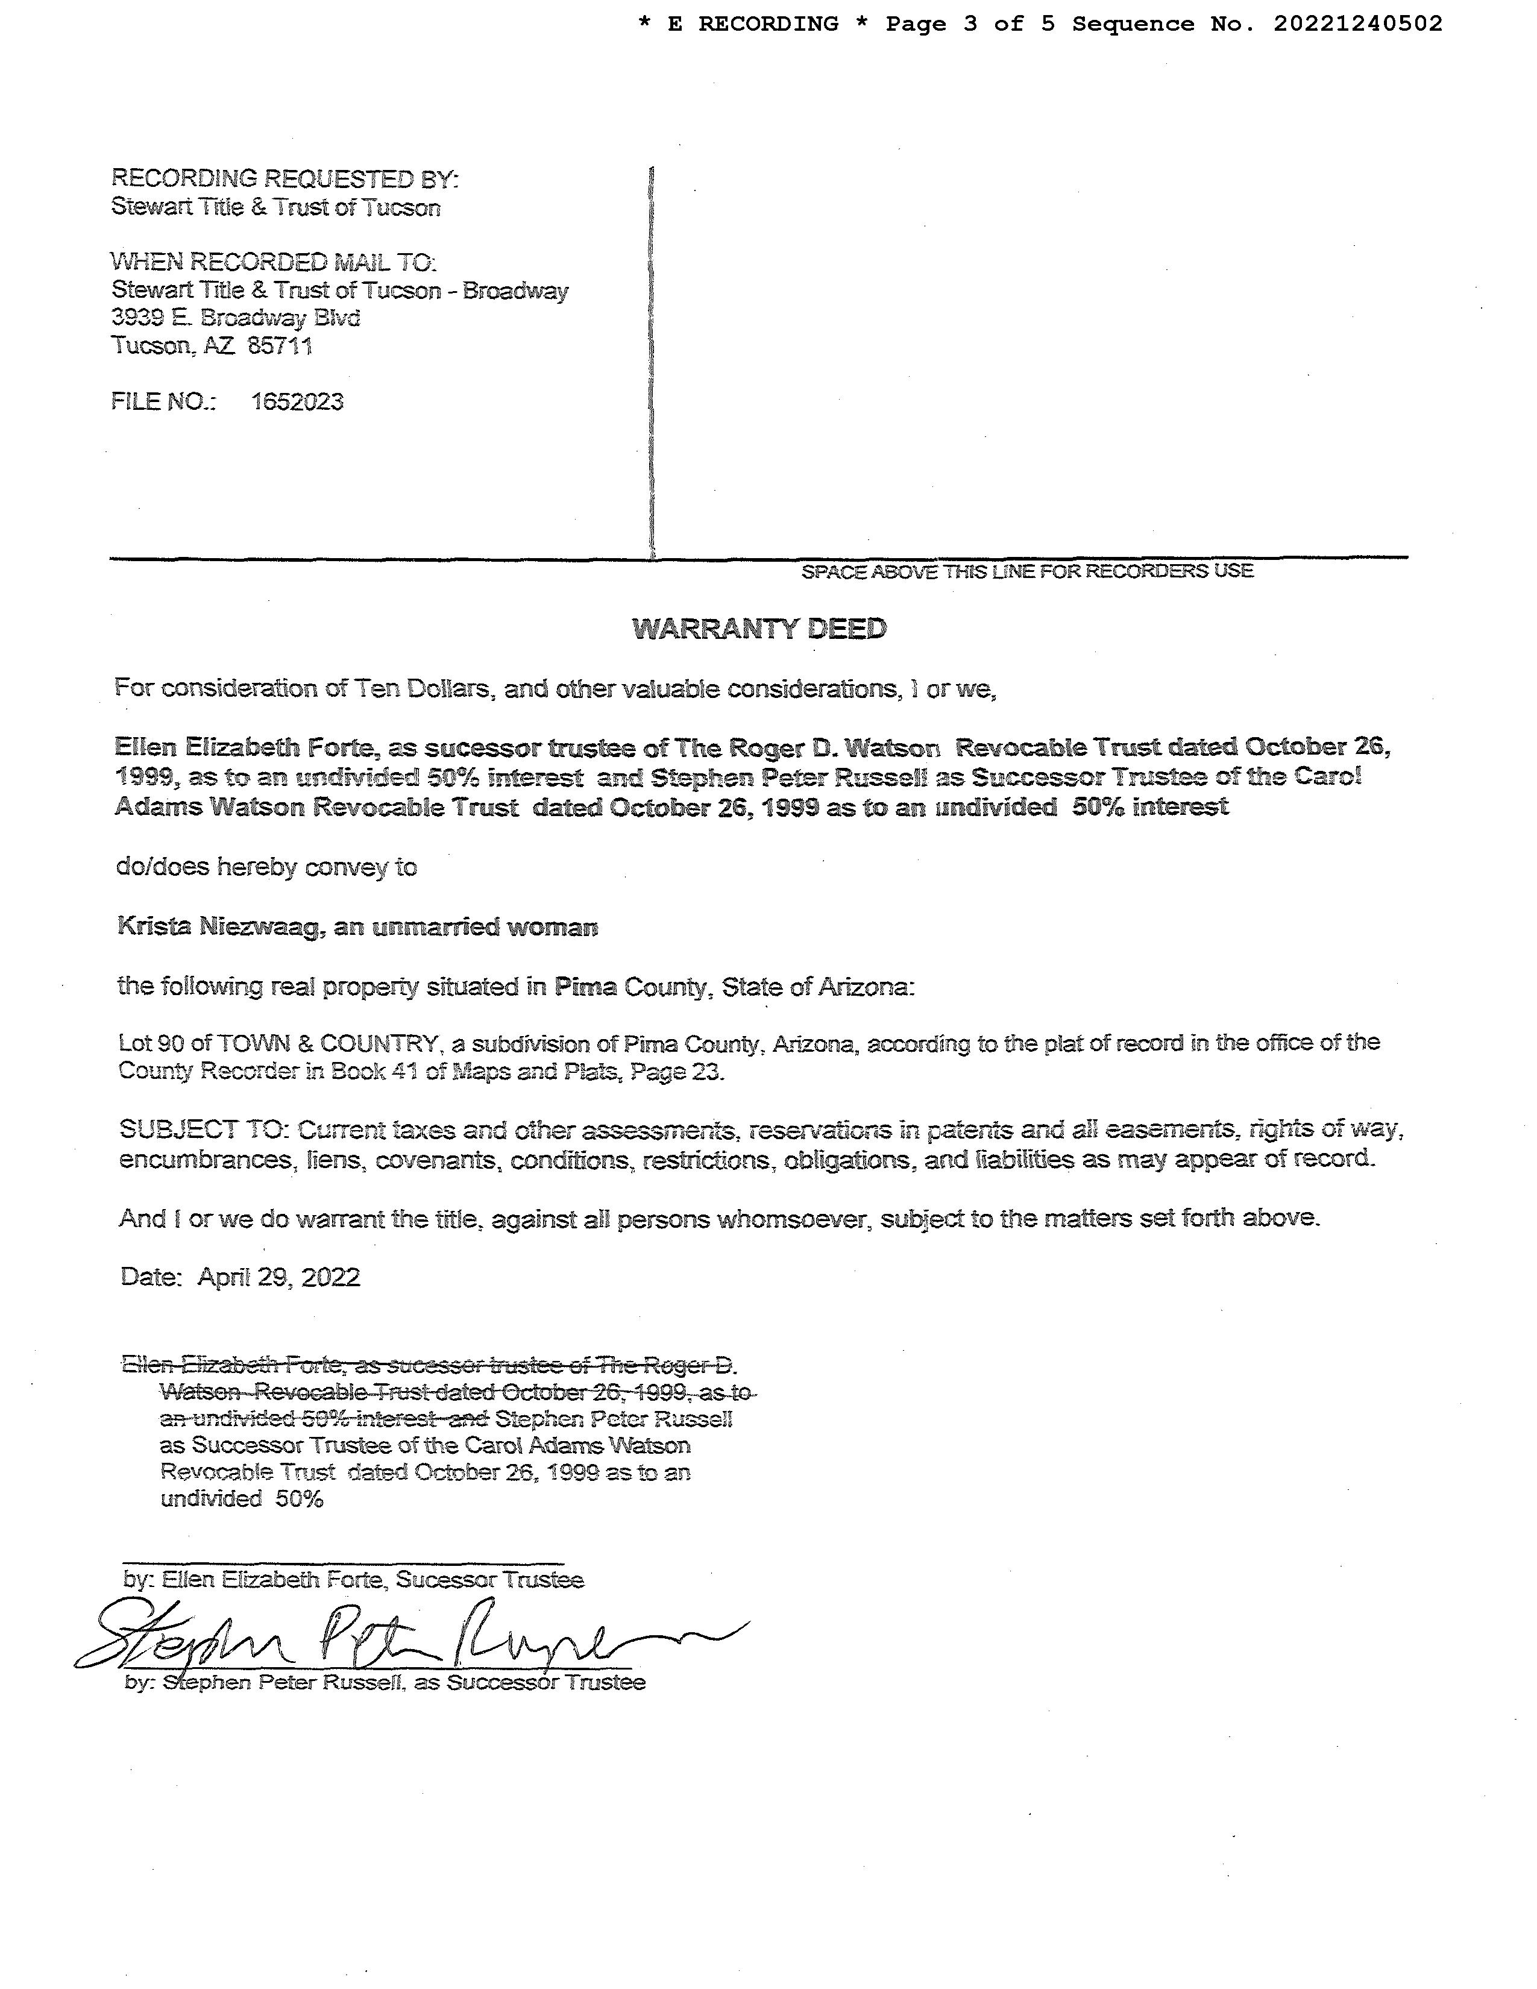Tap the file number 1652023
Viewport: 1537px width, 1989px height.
tap(297, 401)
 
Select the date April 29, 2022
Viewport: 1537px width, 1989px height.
tap(278, 1277)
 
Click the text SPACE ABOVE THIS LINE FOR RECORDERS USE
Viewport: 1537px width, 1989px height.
tap(1027, 571)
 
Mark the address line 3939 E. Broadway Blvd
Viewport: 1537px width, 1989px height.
tap(236, 318)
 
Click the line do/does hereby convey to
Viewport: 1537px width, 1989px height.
tap(266, 867)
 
